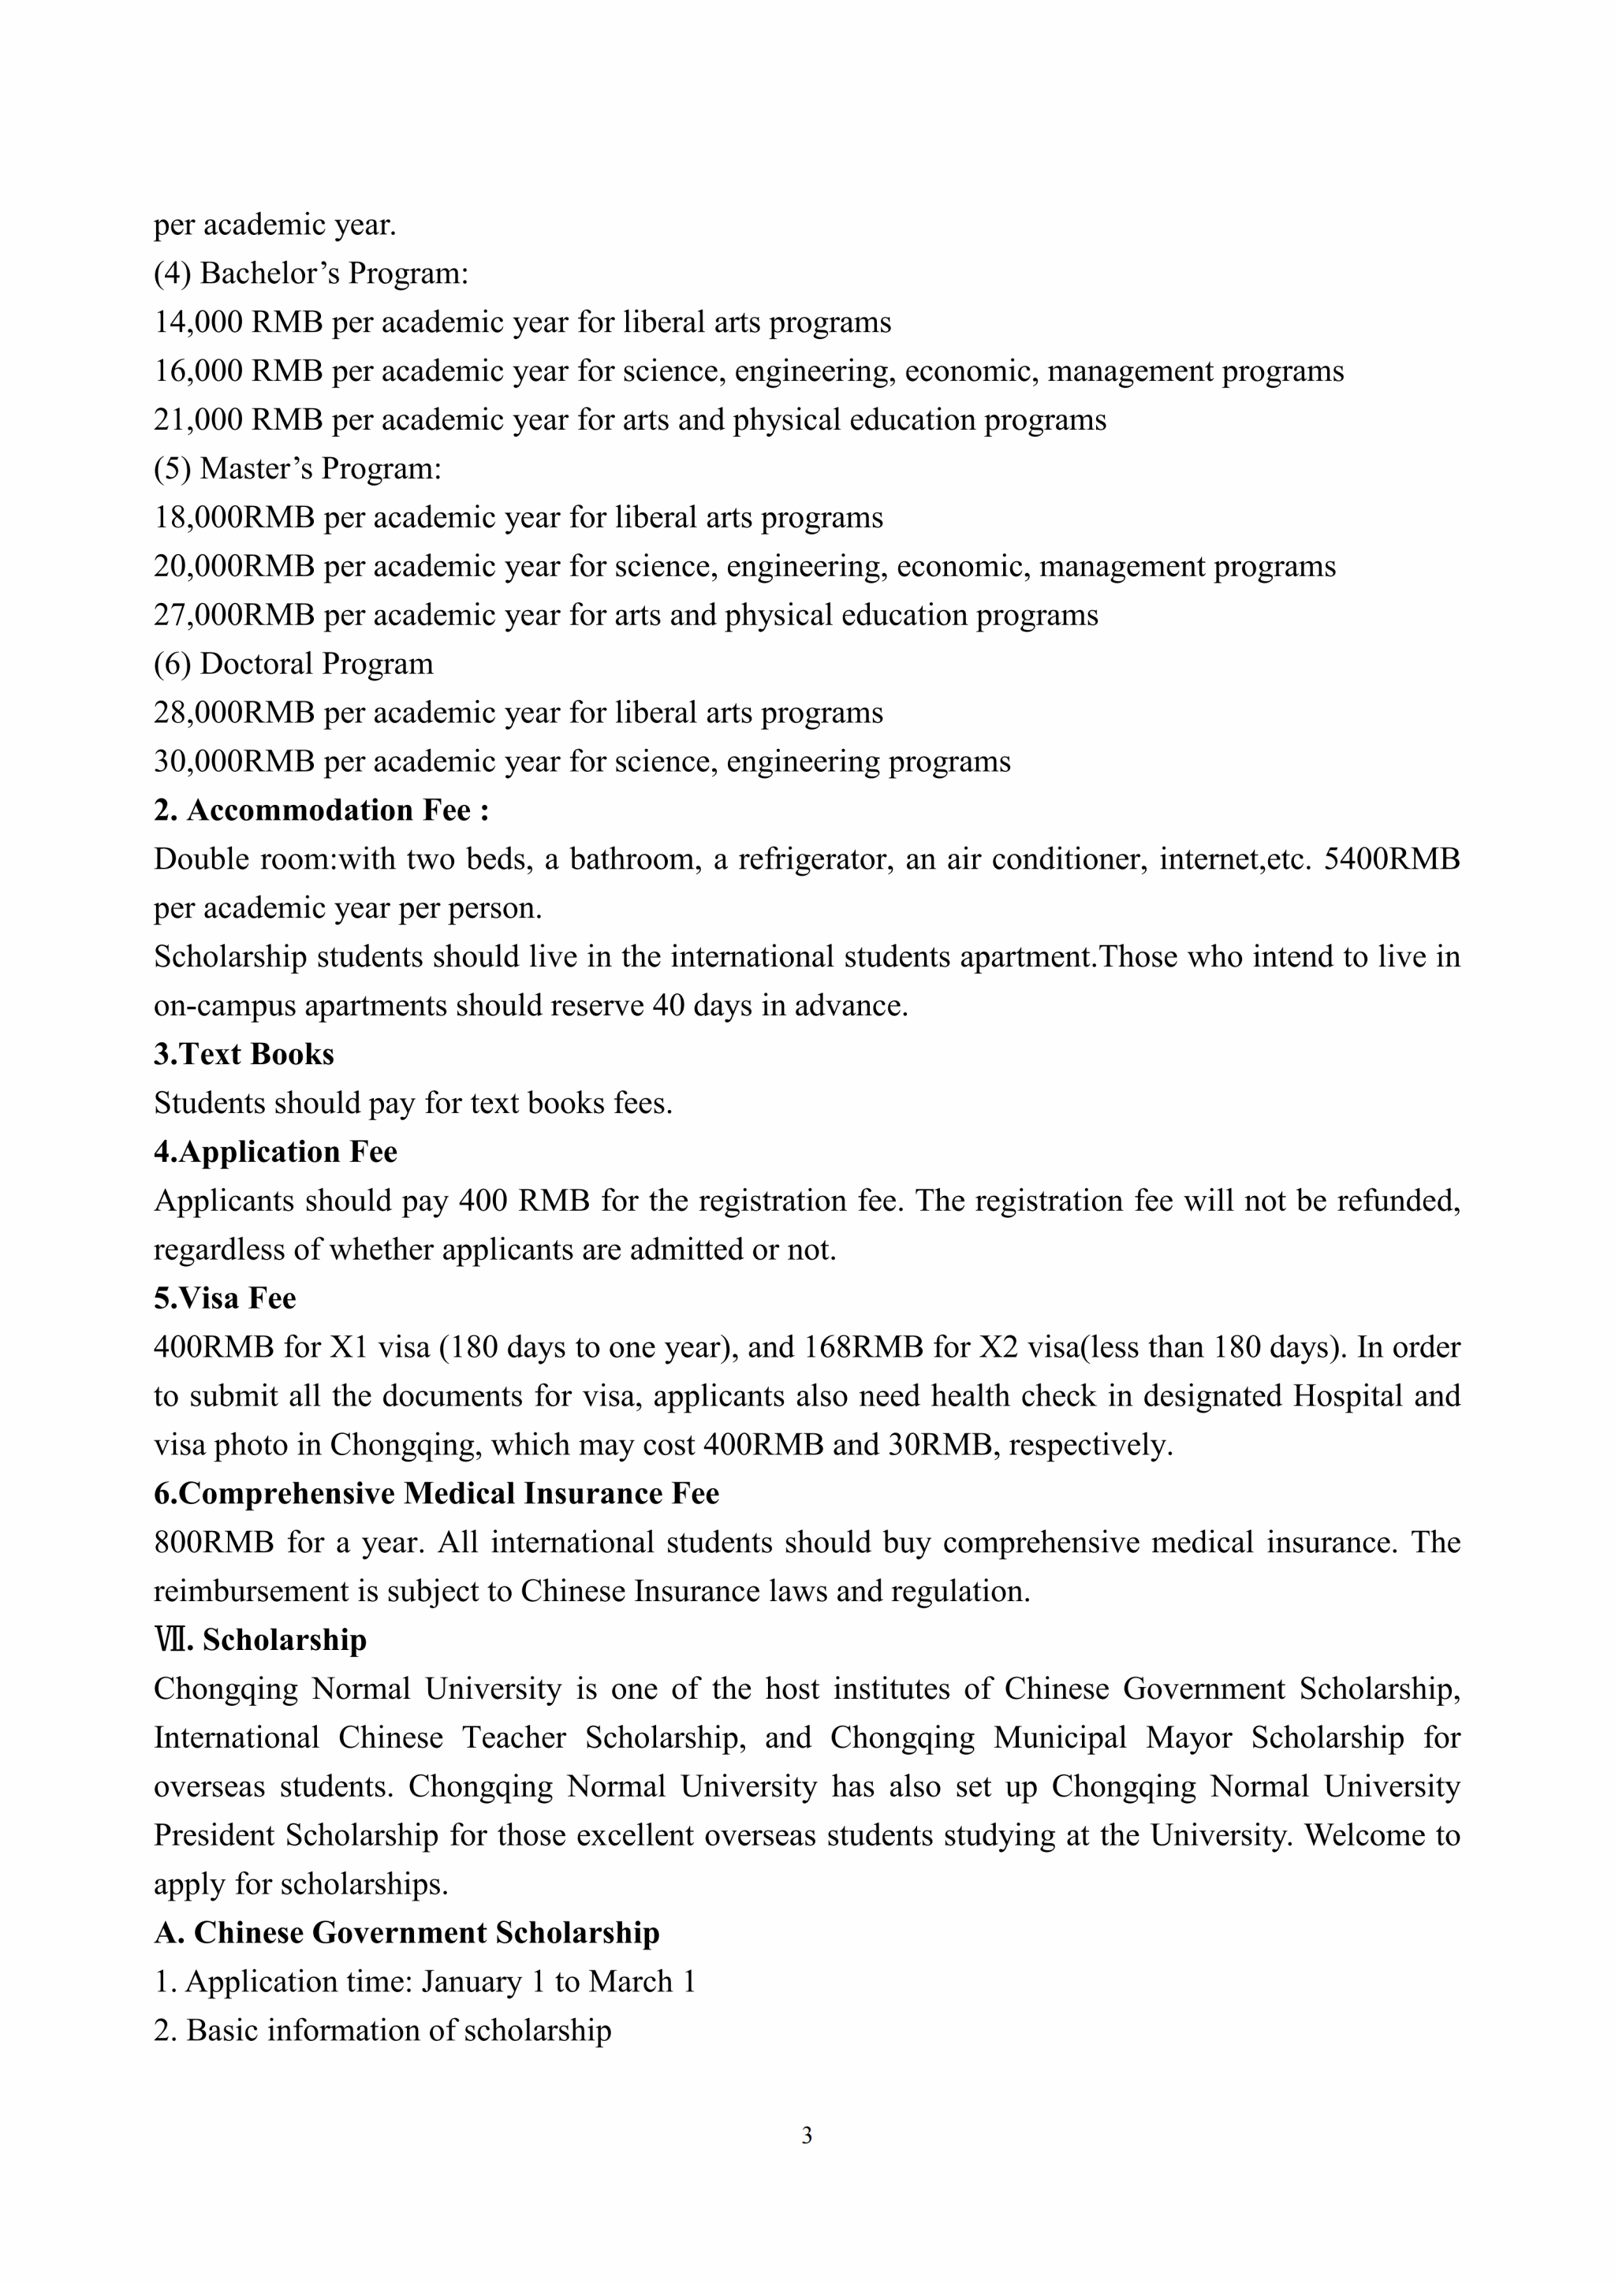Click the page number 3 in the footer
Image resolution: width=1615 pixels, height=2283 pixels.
tap(807, 2135)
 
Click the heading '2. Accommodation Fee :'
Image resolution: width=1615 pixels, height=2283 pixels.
tap(321, 810)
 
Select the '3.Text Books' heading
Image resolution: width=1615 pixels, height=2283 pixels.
tap(244, 1054)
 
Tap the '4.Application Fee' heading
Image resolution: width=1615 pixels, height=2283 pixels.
tap(275, 1152)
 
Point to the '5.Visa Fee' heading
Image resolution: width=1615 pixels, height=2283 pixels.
tap(225, 1298)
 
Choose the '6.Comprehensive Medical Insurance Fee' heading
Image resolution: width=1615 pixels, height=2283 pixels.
tap(435, 1494)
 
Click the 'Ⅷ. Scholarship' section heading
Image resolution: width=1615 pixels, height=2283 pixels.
tap(260, 1640)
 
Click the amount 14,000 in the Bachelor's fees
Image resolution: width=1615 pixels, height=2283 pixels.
tap(198, 322)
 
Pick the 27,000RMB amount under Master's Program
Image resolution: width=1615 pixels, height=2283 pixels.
tap(233, 616)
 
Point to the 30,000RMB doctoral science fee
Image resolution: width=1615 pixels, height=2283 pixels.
tap(233, 762)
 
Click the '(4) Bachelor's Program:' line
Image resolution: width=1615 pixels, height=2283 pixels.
tap(310, 274)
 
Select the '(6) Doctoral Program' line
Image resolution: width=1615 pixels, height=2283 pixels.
tap(293, 665)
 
